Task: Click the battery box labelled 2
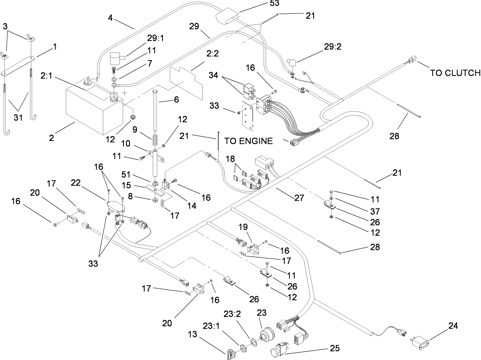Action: (91, 110)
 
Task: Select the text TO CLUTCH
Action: (455, 73)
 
